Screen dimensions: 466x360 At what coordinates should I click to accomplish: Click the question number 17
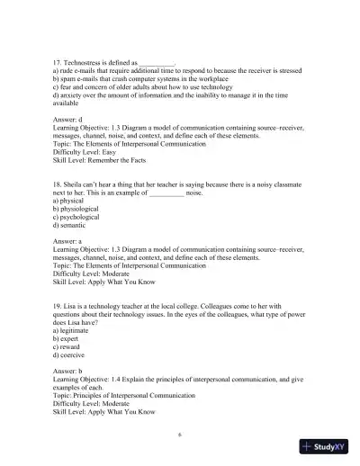58,61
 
